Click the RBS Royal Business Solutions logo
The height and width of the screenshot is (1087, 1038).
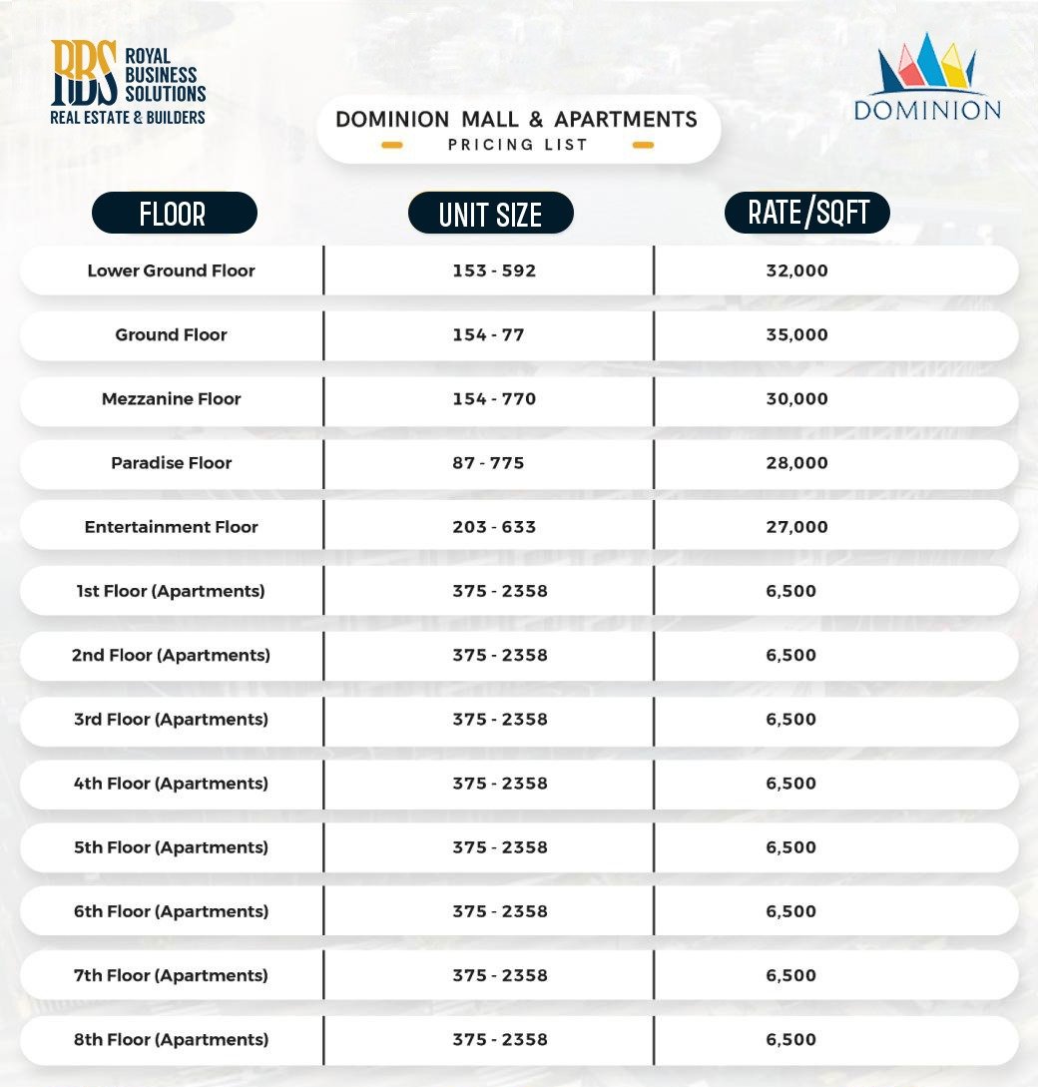coord(128,84)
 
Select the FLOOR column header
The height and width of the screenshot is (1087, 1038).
coord(174,214)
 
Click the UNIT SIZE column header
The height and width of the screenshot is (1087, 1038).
coord(490,214)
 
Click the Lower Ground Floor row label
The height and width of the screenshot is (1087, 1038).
coord(171,271)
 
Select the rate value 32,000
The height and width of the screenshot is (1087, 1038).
coord(796,271)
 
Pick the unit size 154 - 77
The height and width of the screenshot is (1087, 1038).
coord(488,334)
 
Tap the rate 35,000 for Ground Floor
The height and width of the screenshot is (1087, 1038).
coord(796,334)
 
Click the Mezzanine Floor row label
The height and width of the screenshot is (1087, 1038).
coord(171,398)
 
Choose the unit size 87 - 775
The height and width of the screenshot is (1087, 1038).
coord(488,463)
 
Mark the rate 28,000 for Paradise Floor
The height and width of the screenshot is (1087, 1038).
coord(796,463)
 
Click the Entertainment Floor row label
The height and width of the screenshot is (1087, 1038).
coord(171,527)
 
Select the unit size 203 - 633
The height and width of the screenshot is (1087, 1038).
coord(494,527)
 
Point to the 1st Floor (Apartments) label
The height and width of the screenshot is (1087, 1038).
coord(171,591)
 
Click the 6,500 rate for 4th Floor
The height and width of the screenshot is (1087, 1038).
coord(790,784)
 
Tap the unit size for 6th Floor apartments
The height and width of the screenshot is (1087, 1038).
coord(499,911)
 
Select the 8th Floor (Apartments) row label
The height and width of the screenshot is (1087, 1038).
coord(171,1039)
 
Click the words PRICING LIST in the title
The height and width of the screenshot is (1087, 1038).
coord(517,145)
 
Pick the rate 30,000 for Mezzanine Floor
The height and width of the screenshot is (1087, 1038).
coord(796,398)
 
